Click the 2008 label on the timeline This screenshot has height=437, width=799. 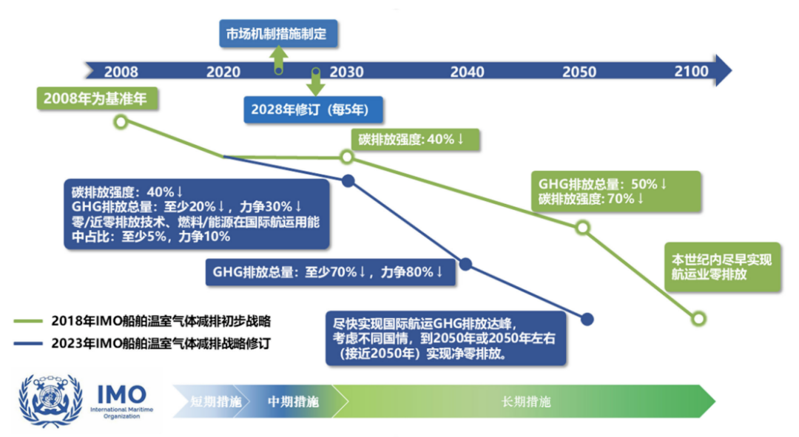tap(121, 72)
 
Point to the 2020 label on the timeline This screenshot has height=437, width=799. tap(223, 72)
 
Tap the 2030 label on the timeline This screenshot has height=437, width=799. tap(346, 72)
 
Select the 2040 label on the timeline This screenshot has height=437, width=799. tap(467, 72)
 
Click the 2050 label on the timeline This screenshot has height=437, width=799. tap(579, 72)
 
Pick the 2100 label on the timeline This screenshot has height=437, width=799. tap(692, 71)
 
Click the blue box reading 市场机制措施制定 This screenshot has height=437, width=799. tap(278, 33)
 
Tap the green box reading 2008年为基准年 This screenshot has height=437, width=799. tap(97, 98)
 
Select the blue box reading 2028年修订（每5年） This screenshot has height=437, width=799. tap(313, 109)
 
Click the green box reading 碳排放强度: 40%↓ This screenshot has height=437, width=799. tap(415, 140)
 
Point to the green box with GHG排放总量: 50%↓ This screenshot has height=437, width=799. tap(616, 192)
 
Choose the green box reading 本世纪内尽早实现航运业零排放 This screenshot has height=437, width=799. tap(723, 268)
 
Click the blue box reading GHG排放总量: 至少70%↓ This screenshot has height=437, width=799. tap(330, 272)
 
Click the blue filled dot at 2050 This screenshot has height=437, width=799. tap(587, 319)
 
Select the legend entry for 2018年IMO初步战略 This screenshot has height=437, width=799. tap(142, 322)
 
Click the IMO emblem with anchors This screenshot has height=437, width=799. tap(50, 400)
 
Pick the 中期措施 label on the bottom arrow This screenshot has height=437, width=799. tap(293, 402)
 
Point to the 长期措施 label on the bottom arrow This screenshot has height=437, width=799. tap(527, 402)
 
